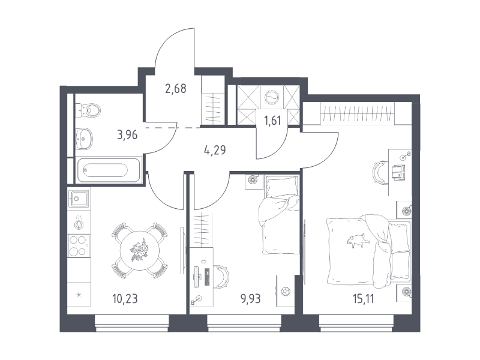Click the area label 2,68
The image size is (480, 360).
(176, 89)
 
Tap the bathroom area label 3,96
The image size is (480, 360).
(127, 134)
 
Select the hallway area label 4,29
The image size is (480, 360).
(215, 150)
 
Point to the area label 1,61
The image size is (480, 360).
(272, 121)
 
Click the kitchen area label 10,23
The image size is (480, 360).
(125, 298)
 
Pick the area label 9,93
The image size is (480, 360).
(250, 298)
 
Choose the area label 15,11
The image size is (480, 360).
(364, 298)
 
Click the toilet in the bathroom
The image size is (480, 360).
(88, 110)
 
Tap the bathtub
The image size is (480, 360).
(109, 170)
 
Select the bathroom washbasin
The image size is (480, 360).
(84, 139)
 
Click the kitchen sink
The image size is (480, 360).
(79, 199)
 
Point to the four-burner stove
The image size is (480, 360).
(79, 246)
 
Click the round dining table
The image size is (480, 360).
(140, 251)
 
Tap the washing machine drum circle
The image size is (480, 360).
(272, 98)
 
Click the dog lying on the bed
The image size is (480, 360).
(356, 239)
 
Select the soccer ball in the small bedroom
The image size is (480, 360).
(286, 291)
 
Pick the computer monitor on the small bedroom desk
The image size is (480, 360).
(196, 277)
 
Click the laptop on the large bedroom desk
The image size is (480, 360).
(398, 173)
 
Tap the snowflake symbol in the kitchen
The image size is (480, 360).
(79, 295)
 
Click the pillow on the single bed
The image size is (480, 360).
(282, 187)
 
